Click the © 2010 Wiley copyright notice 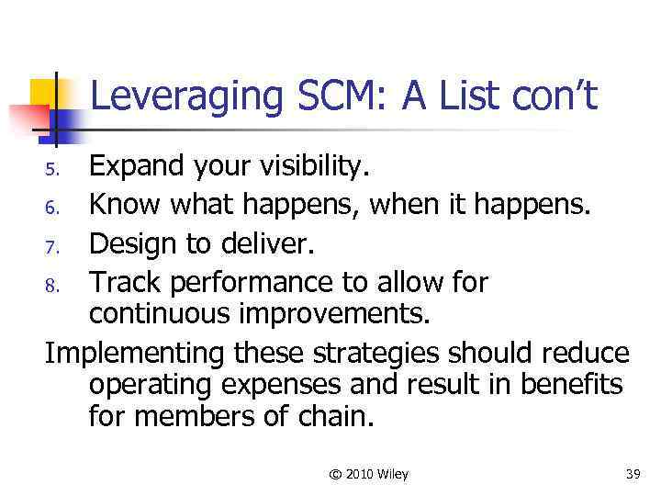(368, 474)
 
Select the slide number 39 (633, 474)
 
